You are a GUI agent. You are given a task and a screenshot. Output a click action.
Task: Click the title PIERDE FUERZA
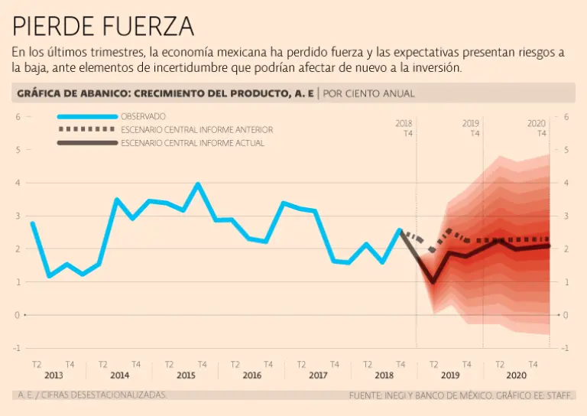tap(103, 27)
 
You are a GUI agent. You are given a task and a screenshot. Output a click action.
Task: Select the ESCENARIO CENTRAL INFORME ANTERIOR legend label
tap(196, 130)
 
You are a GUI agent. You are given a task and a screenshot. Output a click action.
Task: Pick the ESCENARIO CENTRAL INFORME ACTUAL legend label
tap(193, 143)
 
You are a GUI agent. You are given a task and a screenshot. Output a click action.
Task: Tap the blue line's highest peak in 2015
tap(198, 184)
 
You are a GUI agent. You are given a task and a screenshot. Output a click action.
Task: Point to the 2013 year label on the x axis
tap(54, 375)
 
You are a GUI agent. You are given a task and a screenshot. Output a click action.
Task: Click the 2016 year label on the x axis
tap(251, 375)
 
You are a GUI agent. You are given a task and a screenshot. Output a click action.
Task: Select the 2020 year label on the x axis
tap(517, 375)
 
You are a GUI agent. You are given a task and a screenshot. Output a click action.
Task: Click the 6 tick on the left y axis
tap(18, 117)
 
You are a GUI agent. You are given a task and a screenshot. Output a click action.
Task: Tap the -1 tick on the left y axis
tap(16, 348)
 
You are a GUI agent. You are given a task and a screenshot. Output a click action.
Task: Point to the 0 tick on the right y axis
tap(566, 315)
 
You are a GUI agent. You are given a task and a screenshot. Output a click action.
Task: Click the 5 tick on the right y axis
tap(566, 150)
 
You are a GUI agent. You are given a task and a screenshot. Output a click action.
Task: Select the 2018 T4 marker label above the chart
tap(404, 128)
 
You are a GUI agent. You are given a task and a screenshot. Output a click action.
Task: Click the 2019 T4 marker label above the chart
tap(471, 128)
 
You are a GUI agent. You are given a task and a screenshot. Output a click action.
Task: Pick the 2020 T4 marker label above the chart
tap(537, 128)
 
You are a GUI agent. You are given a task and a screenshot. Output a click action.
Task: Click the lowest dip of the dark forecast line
tap(433, 282)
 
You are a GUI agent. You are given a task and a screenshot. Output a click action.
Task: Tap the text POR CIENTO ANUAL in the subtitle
tap(369, 93)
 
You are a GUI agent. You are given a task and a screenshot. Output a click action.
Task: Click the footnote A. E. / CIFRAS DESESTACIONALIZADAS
tap(90, 395)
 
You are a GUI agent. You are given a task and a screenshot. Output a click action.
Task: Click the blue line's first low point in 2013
tap(49, 275)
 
